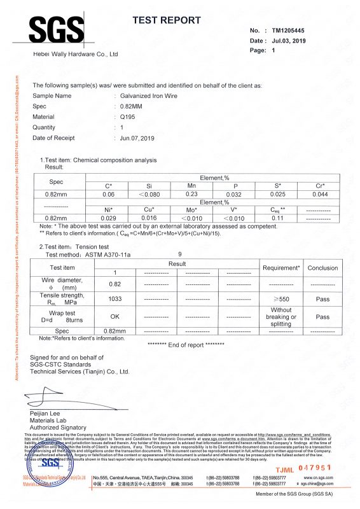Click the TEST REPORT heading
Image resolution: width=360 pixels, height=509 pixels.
click(166, 21)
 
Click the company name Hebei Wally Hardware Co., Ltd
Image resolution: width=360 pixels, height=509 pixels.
click(76, 55)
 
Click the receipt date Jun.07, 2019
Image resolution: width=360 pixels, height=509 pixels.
click(137, 138)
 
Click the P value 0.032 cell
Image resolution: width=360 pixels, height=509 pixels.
click(234, 194)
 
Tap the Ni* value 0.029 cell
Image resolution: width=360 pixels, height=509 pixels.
click(107, 218)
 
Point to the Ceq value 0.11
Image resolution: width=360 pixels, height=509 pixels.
click(277, 218)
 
